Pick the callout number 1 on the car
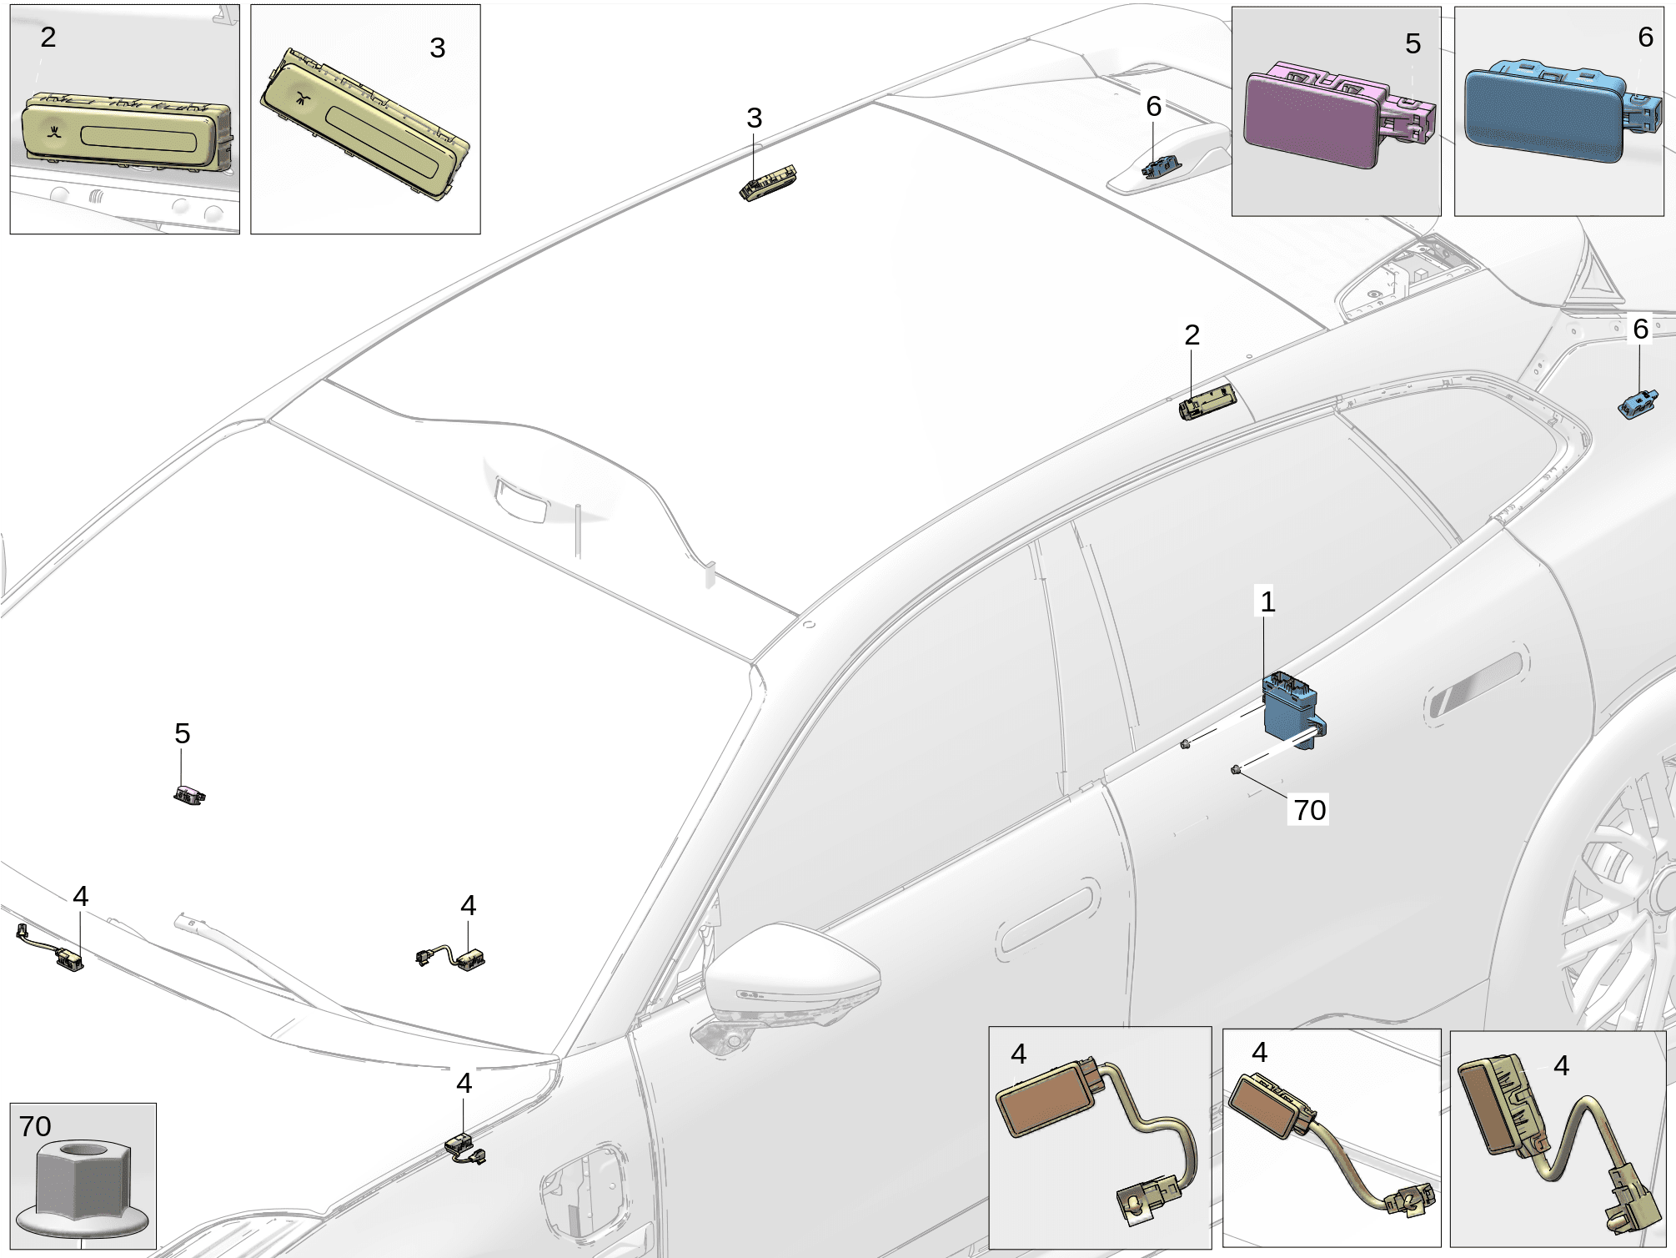pos(1267,601)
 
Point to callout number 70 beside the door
pos(1309,809)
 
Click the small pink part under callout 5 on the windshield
pos(189,795)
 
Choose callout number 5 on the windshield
pos(183,733)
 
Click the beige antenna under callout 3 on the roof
pos(768,184)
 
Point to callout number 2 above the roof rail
pos(1192,335)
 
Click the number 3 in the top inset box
pos(437,48)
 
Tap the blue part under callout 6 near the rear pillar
pos(1637,404)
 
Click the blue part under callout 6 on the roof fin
pos(1161,167)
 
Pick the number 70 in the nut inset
pos(35,1126)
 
